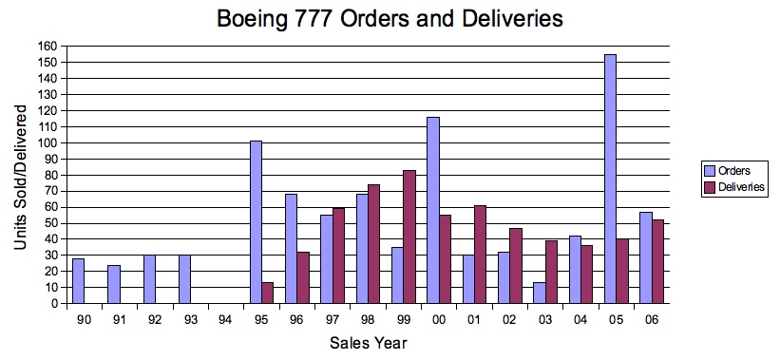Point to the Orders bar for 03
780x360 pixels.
pos(540,293)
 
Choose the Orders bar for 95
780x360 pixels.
pos(256,222)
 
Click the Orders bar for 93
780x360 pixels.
pos(185,279)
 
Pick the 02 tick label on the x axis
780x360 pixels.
pos(511,320)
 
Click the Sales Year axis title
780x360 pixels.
pos(369,344)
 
